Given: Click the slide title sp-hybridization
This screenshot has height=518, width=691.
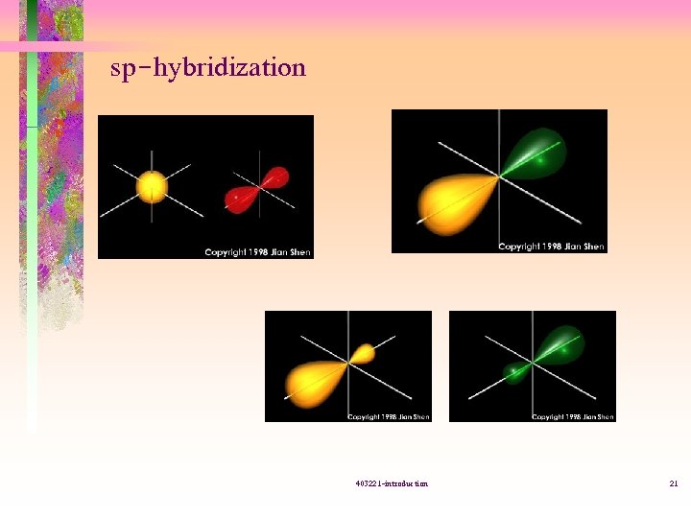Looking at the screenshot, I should tap(208, 68).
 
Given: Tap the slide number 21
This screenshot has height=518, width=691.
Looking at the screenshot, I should tap(674, 483).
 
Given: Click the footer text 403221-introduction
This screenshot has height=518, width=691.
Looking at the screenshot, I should tap(391, 483).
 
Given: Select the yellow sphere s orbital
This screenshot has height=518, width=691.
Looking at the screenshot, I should tap(153, 186).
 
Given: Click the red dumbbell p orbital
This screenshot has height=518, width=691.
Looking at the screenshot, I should tap(256, 190).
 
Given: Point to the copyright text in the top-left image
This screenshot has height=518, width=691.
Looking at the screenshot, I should tap(257, 252).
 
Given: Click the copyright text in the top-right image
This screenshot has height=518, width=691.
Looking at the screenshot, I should tap(552, 247).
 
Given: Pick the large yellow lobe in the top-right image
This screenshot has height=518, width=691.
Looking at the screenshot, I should tap(452, 202).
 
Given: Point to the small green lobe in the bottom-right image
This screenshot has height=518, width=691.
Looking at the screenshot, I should tap(515, 371).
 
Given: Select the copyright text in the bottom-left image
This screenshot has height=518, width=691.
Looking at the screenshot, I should tap(389, 416).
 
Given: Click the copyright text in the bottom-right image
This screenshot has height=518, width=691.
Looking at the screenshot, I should tap(573, 416).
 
